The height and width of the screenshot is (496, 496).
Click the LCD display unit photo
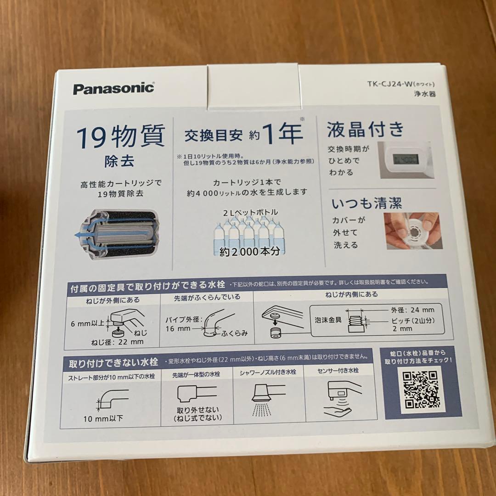[404, 160]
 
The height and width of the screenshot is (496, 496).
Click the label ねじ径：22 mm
[117, 342]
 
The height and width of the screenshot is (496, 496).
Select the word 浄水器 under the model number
[425, 94]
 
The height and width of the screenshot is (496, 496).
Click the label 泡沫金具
[327, 319]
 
